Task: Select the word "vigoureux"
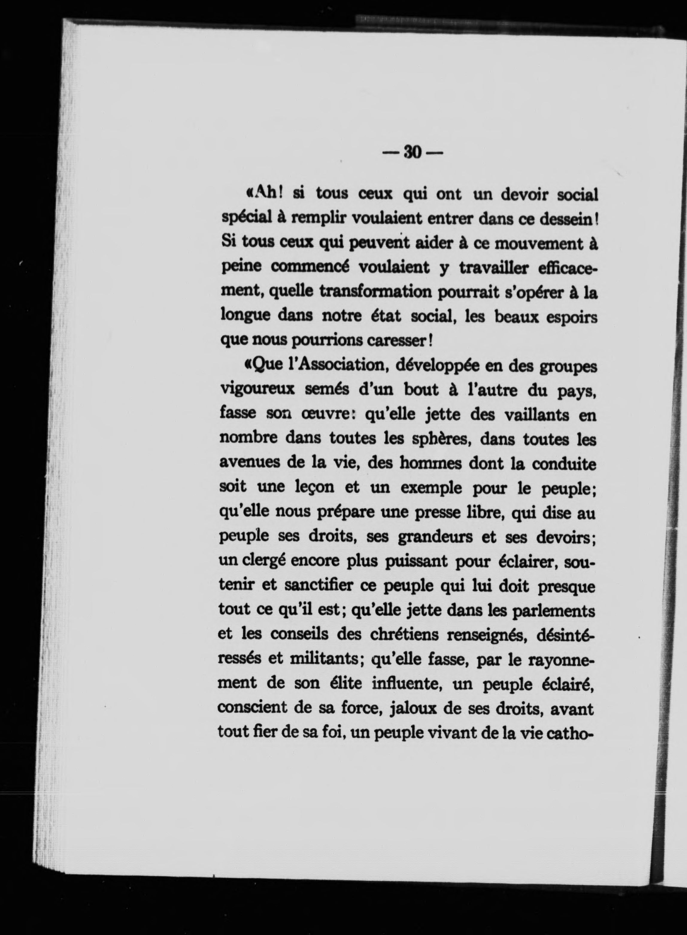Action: (257, 390)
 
